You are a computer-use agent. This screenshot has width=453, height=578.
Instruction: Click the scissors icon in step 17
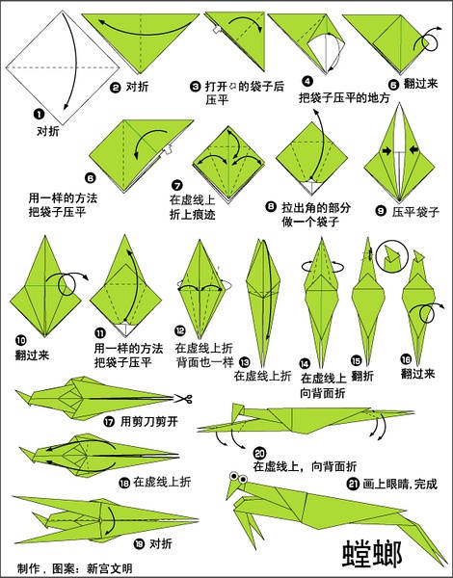click(x=183, y=399)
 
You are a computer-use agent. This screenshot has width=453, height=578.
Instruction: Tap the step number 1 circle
click(x=39, y=115)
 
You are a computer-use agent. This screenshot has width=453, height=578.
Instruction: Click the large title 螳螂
click(x=371, y=554)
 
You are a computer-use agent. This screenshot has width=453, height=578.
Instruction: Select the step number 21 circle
click(x=353, y=484)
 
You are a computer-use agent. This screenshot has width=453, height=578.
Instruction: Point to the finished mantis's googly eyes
click(x=238, y=477)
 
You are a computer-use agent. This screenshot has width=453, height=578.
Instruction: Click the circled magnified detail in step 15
click(x=392, y=256)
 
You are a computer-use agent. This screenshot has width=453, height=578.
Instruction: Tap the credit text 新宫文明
click(x=109, y=568)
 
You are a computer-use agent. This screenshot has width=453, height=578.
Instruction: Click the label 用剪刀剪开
click(x=149, y=421)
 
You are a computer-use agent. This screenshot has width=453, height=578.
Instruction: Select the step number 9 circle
click(x=381, y=210)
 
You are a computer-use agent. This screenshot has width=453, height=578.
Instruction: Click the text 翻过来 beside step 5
click(x=420, y=83)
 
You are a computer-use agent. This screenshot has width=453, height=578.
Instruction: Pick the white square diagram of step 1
click(x=63, y=67)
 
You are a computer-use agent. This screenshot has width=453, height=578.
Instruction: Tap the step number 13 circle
click(x=244, y=362)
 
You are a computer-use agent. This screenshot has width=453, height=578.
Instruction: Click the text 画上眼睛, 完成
click(x=400, y=484)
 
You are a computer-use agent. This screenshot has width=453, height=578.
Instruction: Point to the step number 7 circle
click(x=177, y=185)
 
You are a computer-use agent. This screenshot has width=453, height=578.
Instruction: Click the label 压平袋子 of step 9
click(x=415, y=212)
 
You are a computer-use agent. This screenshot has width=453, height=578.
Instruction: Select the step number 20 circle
click(x=259, y=453)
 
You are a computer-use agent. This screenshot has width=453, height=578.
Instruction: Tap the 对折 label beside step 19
click(x=161, y=543)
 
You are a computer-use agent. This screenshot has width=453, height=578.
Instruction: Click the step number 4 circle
click(x=306, y=81)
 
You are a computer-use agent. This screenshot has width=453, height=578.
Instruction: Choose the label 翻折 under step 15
click(x=361, y=376)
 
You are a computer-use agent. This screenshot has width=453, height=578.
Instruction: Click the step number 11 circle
click(x=100, y=333)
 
